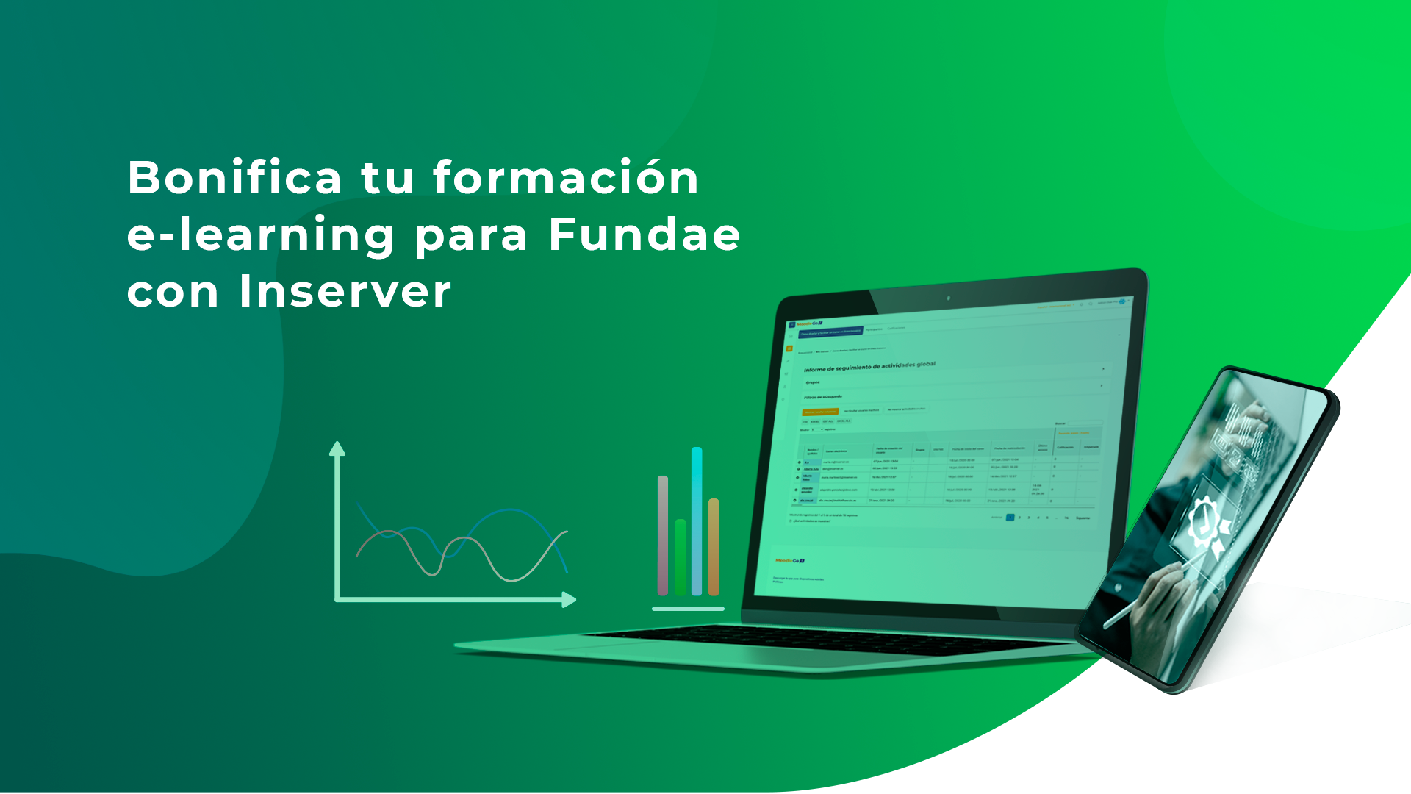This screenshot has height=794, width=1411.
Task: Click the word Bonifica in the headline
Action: pos(234,179)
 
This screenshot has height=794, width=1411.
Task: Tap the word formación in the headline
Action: pos(565,179)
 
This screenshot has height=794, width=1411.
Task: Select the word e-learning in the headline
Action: pos(261,235)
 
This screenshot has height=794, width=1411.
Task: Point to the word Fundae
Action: pos(645,235)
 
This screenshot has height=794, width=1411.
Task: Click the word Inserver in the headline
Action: pos(345,292)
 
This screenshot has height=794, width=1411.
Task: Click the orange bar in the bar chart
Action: pos(714,547)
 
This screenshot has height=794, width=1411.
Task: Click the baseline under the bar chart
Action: pos(688,609)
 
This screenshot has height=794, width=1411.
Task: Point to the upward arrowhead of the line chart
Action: pos(337,448)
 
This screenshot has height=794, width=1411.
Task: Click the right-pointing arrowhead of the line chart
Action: pos(570,600)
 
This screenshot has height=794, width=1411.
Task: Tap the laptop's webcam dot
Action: pos(948,298)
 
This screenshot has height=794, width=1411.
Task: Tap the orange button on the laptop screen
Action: pos(819,412)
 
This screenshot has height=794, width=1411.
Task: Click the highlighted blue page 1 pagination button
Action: pos(1010,518)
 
